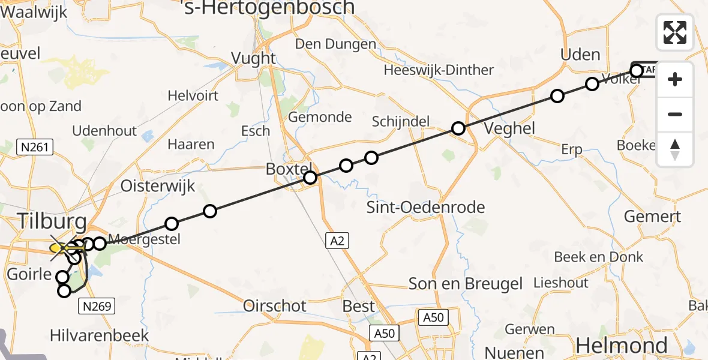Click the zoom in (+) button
pos(675,79)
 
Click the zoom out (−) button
pos(675,114)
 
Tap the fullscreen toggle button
pos(675,32)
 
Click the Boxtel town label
pos(290,169)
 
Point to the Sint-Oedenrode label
pos(426,208)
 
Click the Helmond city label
pos(622,346)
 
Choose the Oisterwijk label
pos(158,186)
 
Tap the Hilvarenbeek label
pos(100,335)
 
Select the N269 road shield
pos(96,307)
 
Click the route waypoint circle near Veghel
pos(458,128)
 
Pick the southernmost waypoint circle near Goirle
pos(64,291)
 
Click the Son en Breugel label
pos(465,283)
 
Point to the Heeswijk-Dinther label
pos(439,70)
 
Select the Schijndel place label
pos(401,121)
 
